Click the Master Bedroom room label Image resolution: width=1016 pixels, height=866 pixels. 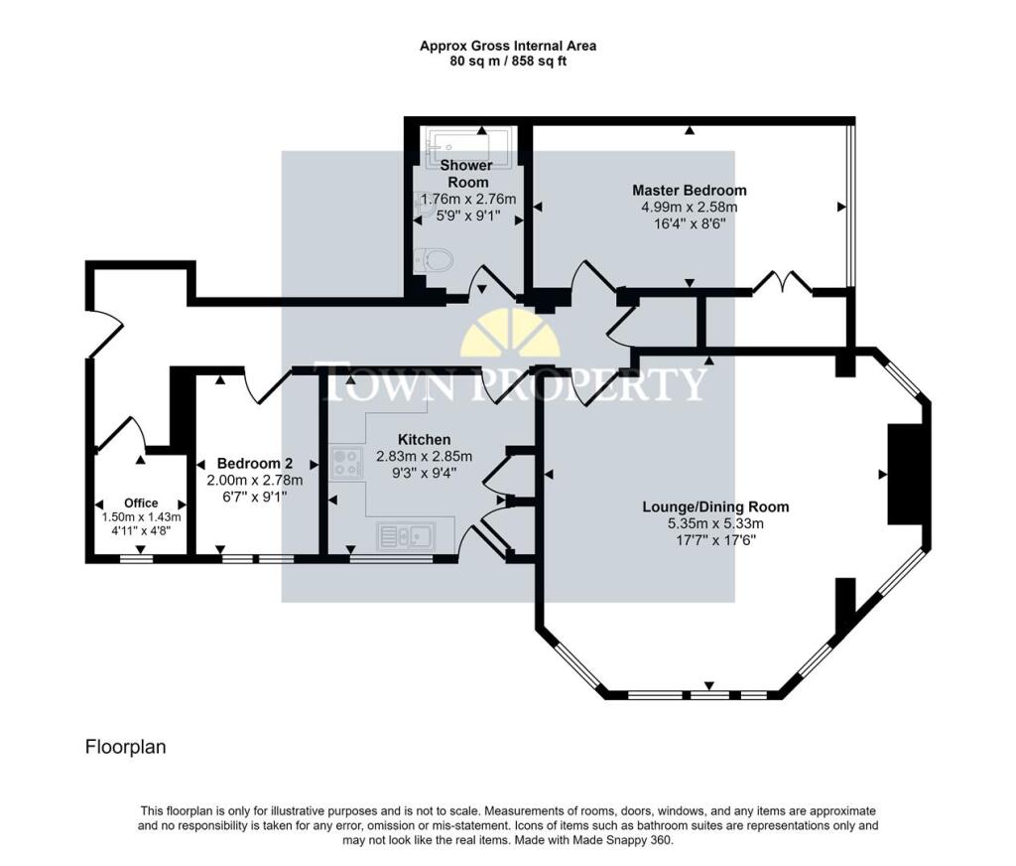(690, 190)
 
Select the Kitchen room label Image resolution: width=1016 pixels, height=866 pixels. (424, 440)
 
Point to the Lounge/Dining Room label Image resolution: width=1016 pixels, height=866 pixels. (715, 506)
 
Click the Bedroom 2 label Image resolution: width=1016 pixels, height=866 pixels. (254, 464)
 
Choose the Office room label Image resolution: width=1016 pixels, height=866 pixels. (141, 504)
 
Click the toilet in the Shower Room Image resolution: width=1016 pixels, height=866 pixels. (437, 260)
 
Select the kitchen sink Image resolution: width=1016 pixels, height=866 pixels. (406, 537)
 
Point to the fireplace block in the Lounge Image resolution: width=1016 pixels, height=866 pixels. (906, 474)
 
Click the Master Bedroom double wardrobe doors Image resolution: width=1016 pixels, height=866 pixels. (782, 282)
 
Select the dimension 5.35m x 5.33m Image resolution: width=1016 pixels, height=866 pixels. (715, 524)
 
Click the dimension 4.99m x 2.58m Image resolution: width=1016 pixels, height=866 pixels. (690, 208)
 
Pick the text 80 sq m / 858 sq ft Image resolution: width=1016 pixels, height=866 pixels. (507, 61)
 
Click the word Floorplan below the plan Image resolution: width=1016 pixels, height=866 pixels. (125, 747)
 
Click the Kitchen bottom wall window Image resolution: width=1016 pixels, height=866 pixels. (389, 559)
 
